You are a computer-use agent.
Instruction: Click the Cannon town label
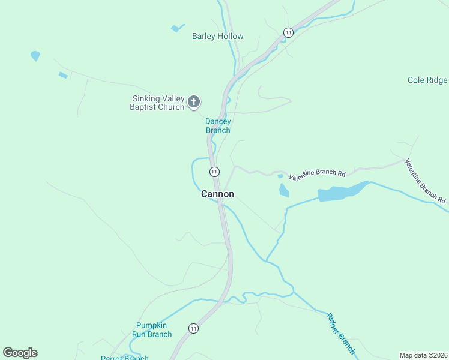[217, 194]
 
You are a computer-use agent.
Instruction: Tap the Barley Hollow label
[217, 36]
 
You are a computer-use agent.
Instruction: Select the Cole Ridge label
[427, 80]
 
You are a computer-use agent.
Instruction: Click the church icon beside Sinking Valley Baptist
[193, 102]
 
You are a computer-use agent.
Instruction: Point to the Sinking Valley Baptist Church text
[157, 103]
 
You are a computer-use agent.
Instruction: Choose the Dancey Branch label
[218, 125]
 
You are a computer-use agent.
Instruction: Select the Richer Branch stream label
[341, 334]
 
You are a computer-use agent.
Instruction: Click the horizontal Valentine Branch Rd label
[317, 175]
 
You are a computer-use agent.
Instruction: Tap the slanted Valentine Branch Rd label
[425, 181]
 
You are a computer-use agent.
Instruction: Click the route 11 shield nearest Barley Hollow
[289, 32]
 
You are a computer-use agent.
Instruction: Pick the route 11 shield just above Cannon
[214, 172]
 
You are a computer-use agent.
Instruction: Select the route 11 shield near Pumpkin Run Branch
[193, 328]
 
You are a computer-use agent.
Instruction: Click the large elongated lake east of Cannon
[342, 191]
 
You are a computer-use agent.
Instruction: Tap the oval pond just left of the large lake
[284, 191]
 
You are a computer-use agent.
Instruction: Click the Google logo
[20, 353]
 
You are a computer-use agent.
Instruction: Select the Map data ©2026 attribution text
[423, 355]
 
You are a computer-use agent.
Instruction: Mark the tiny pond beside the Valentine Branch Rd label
[280, 176]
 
